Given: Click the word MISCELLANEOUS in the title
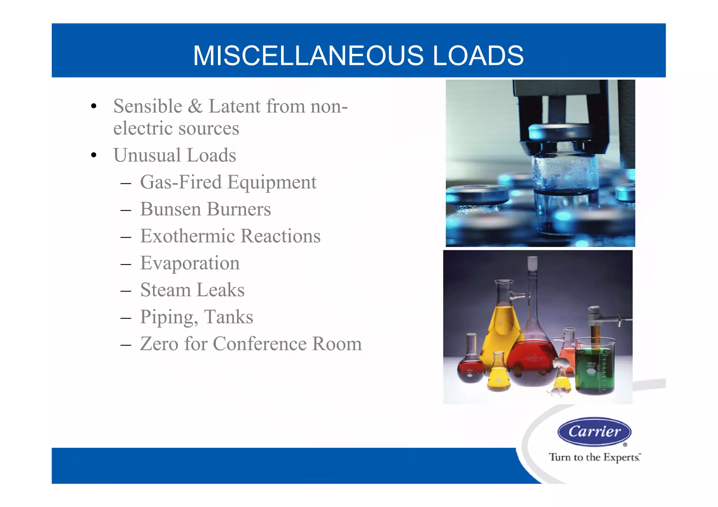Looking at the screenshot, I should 308,56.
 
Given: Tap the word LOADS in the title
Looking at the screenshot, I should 478,56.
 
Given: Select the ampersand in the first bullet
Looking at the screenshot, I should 195,106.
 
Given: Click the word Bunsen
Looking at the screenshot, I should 170,209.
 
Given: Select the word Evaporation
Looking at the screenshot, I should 190,263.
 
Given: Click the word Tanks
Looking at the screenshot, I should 229,317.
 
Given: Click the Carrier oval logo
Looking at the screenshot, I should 594,431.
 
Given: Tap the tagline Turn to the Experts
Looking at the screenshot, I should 594,457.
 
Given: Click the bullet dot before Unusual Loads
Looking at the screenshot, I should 93,155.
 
